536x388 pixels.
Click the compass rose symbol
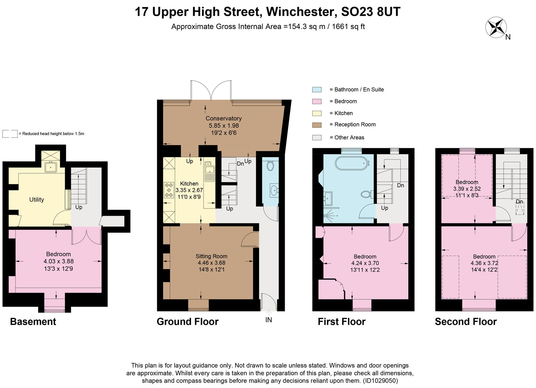[496, 27]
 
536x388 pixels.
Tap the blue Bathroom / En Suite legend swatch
[317, 90]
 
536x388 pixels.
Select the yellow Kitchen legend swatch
[317, 113]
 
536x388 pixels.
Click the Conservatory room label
[223, 118]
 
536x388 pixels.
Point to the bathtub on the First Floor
[352, 163]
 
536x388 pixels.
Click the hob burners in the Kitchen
[169, 190]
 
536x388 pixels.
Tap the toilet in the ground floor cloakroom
[270, 166]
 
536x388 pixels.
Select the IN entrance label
[268, 320]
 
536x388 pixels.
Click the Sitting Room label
[211, 256]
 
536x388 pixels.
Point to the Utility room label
[37, 199]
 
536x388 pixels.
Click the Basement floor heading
[33, 321]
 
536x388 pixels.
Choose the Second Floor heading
[466, 321]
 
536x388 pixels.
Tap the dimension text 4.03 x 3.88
[58, 261]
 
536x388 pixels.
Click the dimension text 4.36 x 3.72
[484, 263]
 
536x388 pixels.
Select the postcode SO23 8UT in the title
[371, 12]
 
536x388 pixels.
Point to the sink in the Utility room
[51, 167]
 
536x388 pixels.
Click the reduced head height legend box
[10, 134]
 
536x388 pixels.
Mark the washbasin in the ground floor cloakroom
[274, 190]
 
